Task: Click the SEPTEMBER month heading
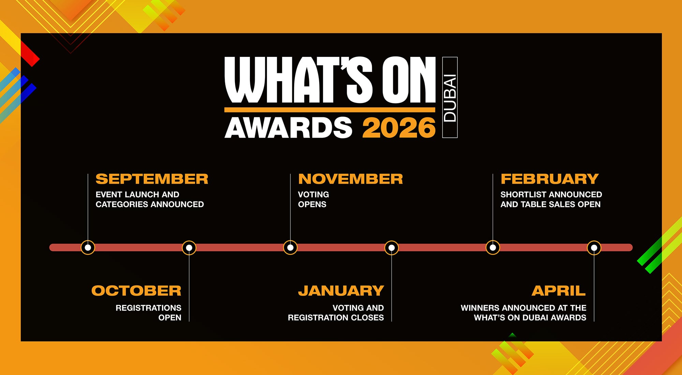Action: pyautogui.click(x=152, y=179)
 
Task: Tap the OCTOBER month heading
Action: pyautogui.click(x=136, y=291)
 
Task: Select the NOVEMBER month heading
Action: pyautogui.click(x=351, y=179)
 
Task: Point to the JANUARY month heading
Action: pyautogui.click(x=341, y=291)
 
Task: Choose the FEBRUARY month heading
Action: pyautogui.click(x=550, y=179)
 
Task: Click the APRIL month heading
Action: pyautogui.click(x=559, y=291)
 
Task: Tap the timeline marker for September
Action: pyautogui.click(x=88, y=247)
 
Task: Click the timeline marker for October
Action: pyautogui.click(x=189, y=247)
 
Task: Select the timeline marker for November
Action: pyautogui.click(x=290, y=247)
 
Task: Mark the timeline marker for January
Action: pyautogui.click(x=391, y=247)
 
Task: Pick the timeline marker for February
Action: pyautogui.click(x=493, y=247)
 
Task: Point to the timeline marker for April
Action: pyautogui.click(x=594, y=247)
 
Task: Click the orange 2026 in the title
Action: pyautogui.click(x=399, y=128)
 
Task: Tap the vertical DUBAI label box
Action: pyautogui.click(x=450, y=97)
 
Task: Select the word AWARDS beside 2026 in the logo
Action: pyautogui.click(x=288, y=128)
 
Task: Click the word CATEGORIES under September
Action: pyautogui.click(x=121, y=204)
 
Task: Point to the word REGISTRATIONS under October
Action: pyautogui.click(x=148, y=308)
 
